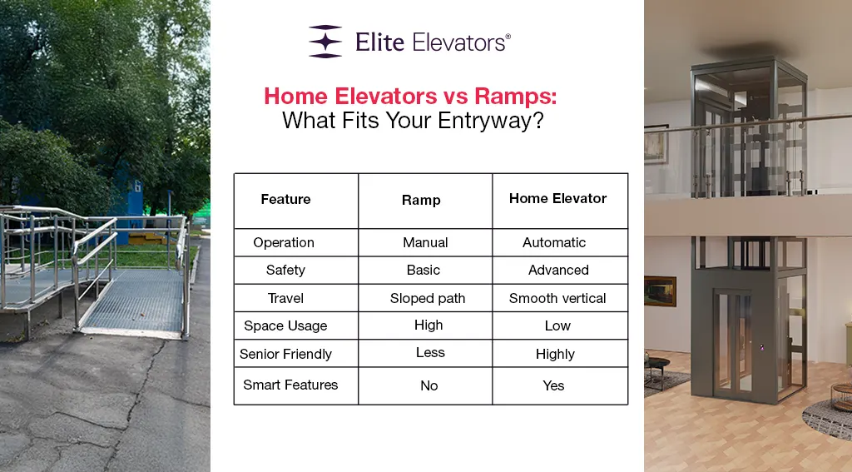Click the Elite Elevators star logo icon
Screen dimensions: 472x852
pyautogui.click(x=325, y=41)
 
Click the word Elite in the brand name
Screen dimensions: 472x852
pyautogui.click(x=379, y=41)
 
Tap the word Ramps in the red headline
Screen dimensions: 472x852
pyautogui.click(x=516, y=96)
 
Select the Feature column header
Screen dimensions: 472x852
pyautogui.click(x=285, y=200)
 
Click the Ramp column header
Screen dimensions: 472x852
pyautogui.click(x=420, y=201)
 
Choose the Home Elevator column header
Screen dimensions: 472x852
pyautogui.click(x=557, y=199)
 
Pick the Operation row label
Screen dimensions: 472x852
pyautogui.click(x=284, y=243)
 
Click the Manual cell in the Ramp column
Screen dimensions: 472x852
pyautogui.click(x=425, y=243)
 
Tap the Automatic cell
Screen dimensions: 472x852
pyautogui.click(x=554, y=243)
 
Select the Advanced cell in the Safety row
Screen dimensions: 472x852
pyautogui.click(x=558, y=271)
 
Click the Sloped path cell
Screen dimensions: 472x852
pyautogui.click(x=428, y=298)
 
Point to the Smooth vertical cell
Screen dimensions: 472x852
pyautogui.click(x=557, y=298)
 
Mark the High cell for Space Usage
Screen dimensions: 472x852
pyautogui.click(x=428, y=325)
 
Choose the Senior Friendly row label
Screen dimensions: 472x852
pyautogui.click(x=285, y=354)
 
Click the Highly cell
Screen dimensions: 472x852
pyautogui.click(x=555, y=354)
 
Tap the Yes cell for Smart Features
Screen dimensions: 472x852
pyautogui.click(x=553, y=385)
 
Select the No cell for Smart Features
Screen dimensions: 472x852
pyautogui.click(x=428, y=385)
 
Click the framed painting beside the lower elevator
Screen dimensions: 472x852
pyautogui.click(x=660, y=291)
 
